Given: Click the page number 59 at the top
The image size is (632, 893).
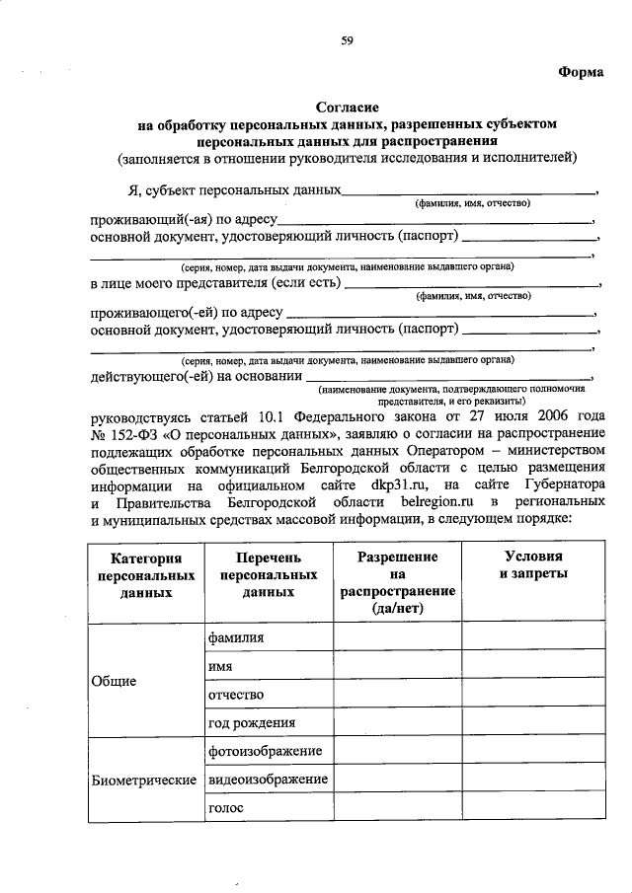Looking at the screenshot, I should point(347,40).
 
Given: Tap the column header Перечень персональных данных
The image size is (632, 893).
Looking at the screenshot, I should point(269,574).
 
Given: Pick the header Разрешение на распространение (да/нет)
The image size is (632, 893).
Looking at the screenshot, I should point(397,582).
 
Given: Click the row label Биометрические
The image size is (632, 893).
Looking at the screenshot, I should point(142,781).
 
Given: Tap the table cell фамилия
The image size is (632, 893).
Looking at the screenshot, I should point(236,638).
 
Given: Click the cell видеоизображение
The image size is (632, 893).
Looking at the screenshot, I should point(268,781).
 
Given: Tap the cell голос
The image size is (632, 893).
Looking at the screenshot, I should point(225,809).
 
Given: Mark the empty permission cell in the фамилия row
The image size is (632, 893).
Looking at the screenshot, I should point(397,638).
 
